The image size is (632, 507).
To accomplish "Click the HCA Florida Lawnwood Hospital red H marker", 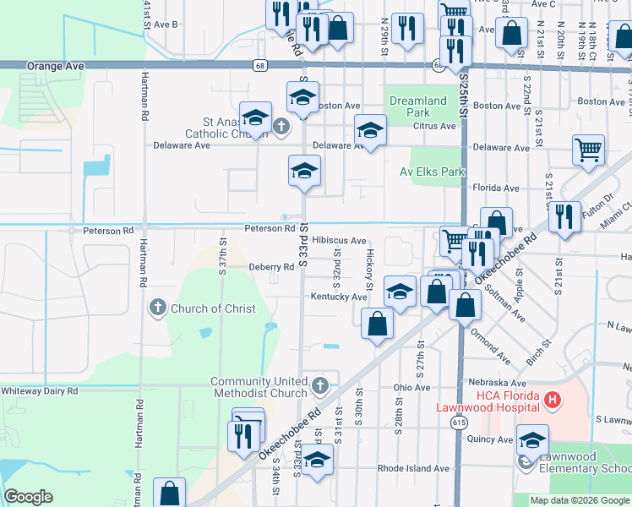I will [553, 400].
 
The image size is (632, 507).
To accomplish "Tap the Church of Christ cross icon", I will [157, 308].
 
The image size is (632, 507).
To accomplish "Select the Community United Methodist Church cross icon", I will [319, 387].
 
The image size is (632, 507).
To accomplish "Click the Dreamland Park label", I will [417, 106].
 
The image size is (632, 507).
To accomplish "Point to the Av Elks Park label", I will [433, 172].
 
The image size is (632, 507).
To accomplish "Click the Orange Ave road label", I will [56, 65].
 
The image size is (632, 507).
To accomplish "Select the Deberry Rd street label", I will [270, 267].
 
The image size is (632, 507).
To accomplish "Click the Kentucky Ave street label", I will [338, 297].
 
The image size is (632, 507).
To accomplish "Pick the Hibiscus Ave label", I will [339, 241].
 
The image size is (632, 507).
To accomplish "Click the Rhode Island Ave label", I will [413, 468].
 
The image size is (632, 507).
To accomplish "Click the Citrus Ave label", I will [434, 126].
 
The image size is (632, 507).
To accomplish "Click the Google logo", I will [28, 497].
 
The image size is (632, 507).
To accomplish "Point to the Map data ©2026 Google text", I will [579, 500].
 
